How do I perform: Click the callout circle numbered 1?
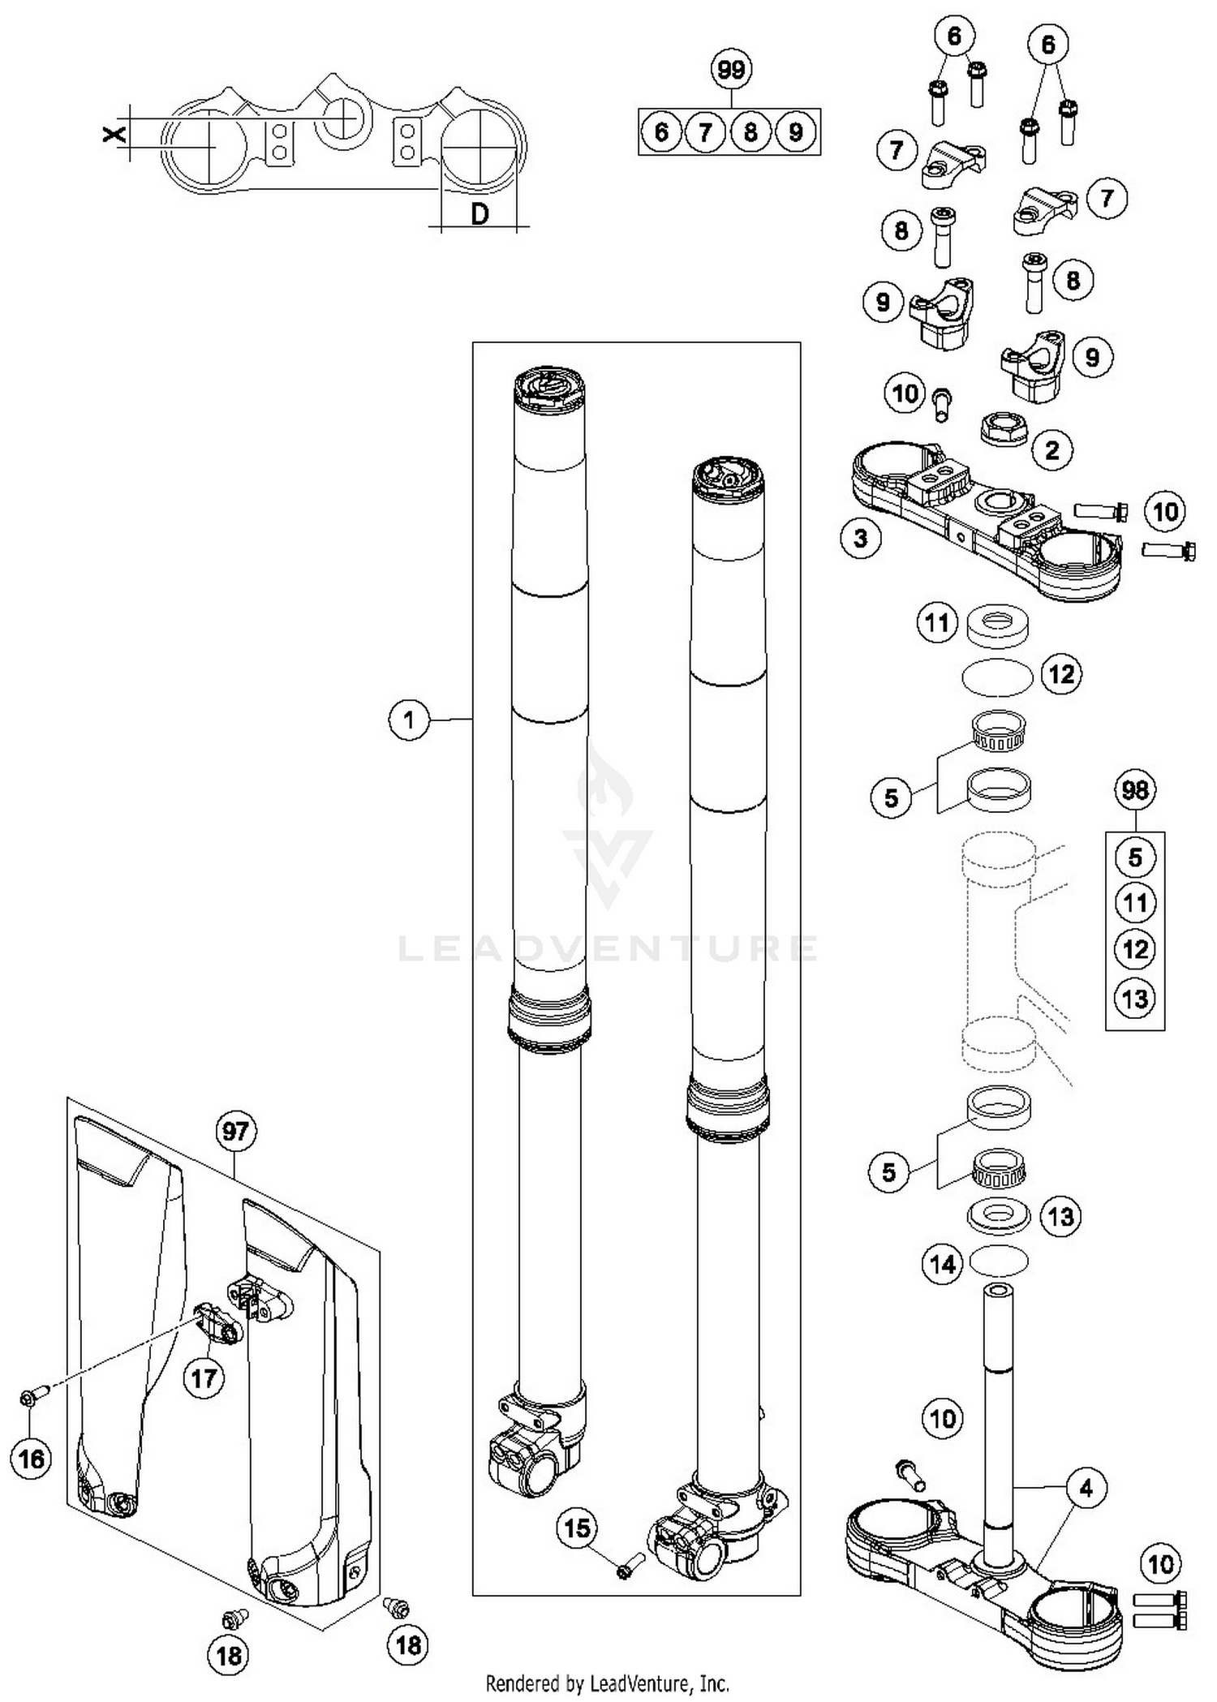(x=409, y=720)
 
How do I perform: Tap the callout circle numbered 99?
(x=731, y=71)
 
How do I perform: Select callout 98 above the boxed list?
(x=1134, y=789)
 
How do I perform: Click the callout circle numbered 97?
(x=235, y=1131)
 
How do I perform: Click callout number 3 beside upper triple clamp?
(x=861, y=537)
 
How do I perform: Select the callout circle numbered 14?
(x=943, y=1263)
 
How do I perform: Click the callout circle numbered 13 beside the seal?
(x=1060, y=1216)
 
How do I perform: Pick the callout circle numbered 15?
(x=577, y=1528)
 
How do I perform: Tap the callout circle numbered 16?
(x=32, y=1459)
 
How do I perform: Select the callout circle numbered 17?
(x=204, y=1378)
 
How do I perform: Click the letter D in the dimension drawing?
(x=479, y=214)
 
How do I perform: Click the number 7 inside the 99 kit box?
(x=705, y=131)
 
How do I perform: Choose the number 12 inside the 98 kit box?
(x=1134, y=948)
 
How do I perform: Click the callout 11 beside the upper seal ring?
(x=937, y=623)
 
